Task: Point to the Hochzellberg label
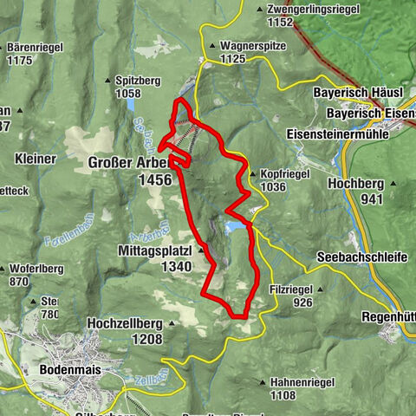(125, 323)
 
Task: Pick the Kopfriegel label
(284, 173)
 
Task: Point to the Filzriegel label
(302, 287)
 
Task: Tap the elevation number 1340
(177, 267)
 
